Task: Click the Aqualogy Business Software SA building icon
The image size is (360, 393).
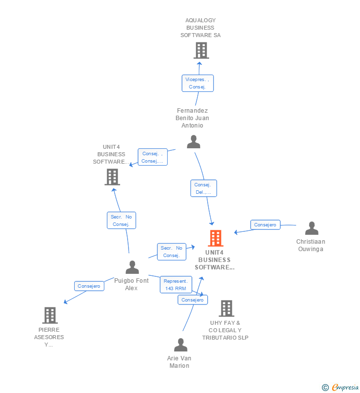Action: [x=201, y=50]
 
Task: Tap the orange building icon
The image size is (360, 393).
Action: [x=215, y=238]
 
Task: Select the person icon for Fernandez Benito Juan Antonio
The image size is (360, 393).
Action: [x=193, y=142]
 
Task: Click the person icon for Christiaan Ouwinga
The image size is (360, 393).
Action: [x=312, y=228]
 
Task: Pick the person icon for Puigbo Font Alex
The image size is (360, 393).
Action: [x=132, y=267]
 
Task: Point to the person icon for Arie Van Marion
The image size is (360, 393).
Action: [x=180, y=345]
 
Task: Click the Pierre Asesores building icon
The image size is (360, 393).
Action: [x=49, y=315]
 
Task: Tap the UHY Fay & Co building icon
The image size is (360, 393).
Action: [x=226, y=308]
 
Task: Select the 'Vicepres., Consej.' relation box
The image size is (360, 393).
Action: [x=197, y=83]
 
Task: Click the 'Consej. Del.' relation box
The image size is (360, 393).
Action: [x=203, y=188]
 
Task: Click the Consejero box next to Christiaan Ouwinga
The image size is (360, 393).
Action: [x=265, y=225]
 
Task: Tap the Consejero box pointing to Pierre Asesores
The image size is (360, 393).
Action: [x=89, y=286]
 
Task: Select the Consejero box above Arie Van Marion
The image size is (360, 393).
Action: [x=192, y=300]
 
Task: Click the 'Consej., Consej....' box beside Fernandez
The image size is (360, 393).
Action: [x=152, y=157]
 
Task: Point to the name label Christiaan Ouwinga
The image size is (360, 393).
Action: [x=311, y=245]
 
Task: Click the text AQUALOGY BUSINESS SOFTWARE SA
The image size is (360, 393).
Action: [x=200, y=28]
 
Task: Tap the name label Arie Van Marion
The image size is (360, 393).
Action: [x=179, y=362]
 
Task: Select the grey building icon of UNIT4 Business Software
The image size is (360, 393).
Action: [x=112, y=176]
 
